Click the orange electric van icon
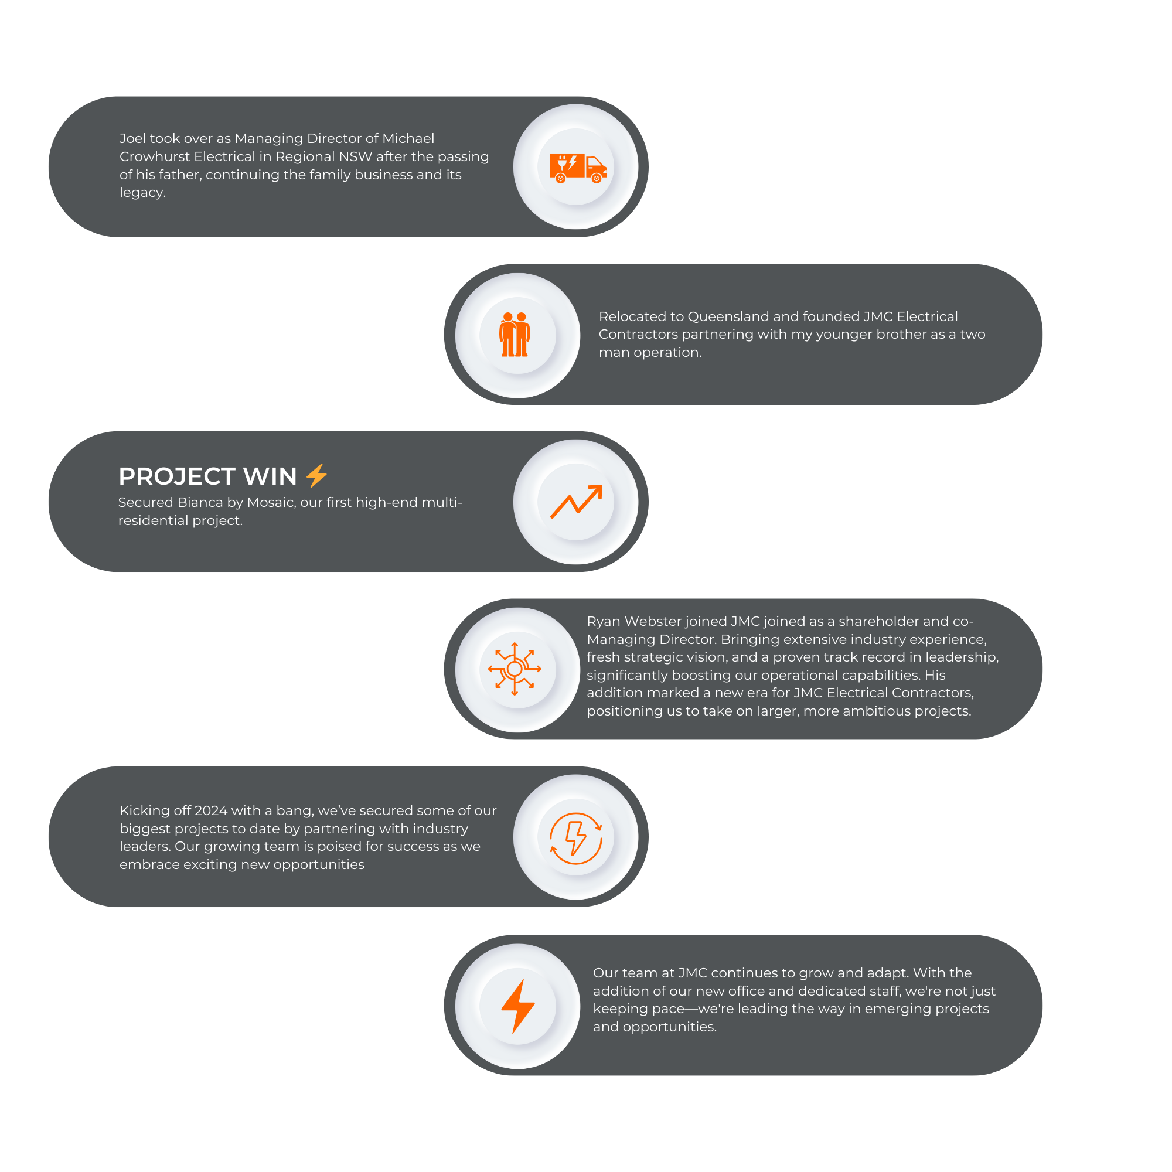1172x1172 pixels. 578,168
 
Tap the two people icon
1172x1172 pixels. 515,334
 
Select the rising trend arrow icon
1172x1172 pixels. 576,502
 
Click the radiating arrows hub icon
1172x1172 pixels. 515,669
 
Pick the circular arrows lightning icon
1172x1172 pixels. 575,838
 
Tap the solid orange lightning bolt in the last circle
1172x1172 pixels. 517,1006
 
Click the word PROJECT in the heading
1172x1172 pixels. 177,477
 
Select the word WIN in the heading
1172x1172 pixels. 270,477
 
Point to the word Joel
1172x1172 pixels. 132,138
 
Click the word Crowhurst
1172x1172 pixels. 154,156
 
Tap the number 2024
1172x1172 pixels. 211,810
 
